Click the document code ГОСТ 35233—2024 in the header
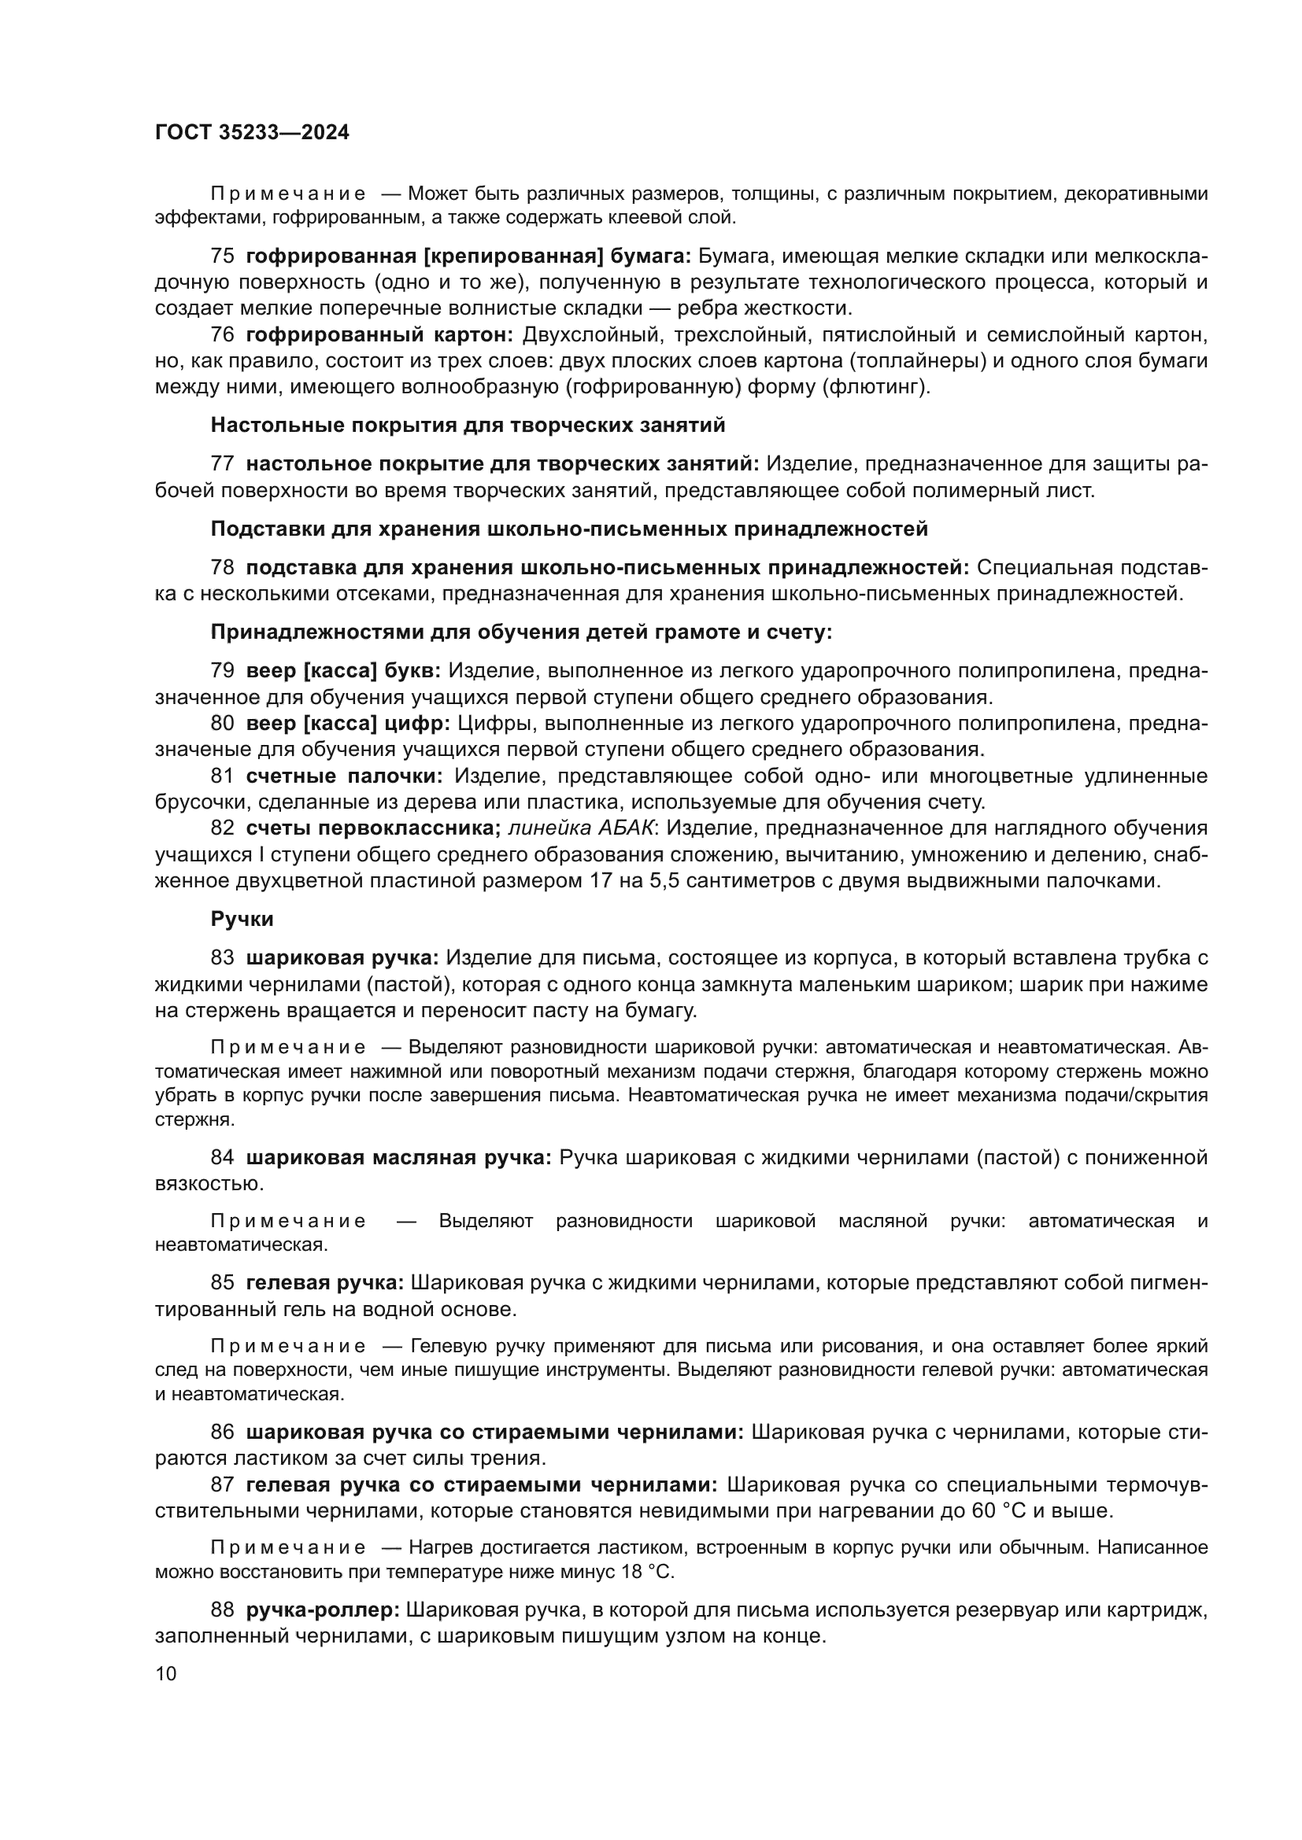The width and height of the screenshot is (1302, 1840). click(252, 132)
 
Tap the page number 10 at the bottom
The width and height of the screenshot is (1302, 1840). click(165, 1673)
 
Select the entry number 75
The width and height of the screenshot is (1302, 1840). click(222, 256)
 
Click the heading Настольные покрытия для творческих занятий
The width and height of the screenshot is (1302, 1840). click(468, 426)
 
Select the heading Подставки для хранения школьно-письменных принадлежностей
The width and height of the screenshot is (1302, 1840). click(569, 529)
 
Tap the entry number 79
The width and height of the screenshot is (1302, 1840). click(222, 671)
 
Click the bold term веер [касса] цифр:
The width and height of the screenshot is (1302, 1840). click(348, 724)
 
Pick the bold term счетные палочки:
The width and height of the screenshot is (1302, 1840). click(344, 776)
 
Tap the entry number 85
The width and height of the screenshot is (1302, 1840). click(222, 1283)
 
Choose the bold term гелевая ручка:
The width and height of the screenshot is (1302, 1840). click(324, 1283)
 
